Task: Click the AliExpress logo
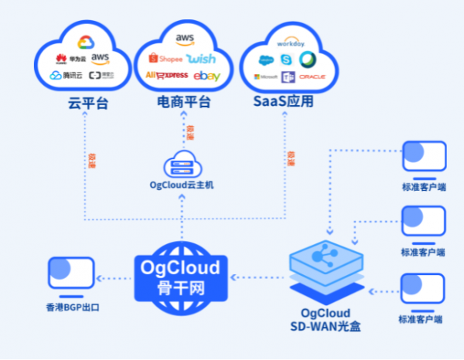(x=166, y=75)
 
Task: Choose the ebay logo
(x=208, y=76)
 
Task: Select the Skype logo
(x=287, y=59)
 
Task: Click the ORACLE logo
(x=313, y=76)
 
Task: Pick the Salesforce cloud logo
(x=267, y=60)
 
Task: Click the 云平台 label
(x=83, y=101)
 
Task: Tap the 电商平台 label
(x=184, y=101)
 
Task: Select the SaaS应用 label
(x=284, y=101)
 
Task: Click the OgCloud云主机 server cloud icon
(x=183, y=165)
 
